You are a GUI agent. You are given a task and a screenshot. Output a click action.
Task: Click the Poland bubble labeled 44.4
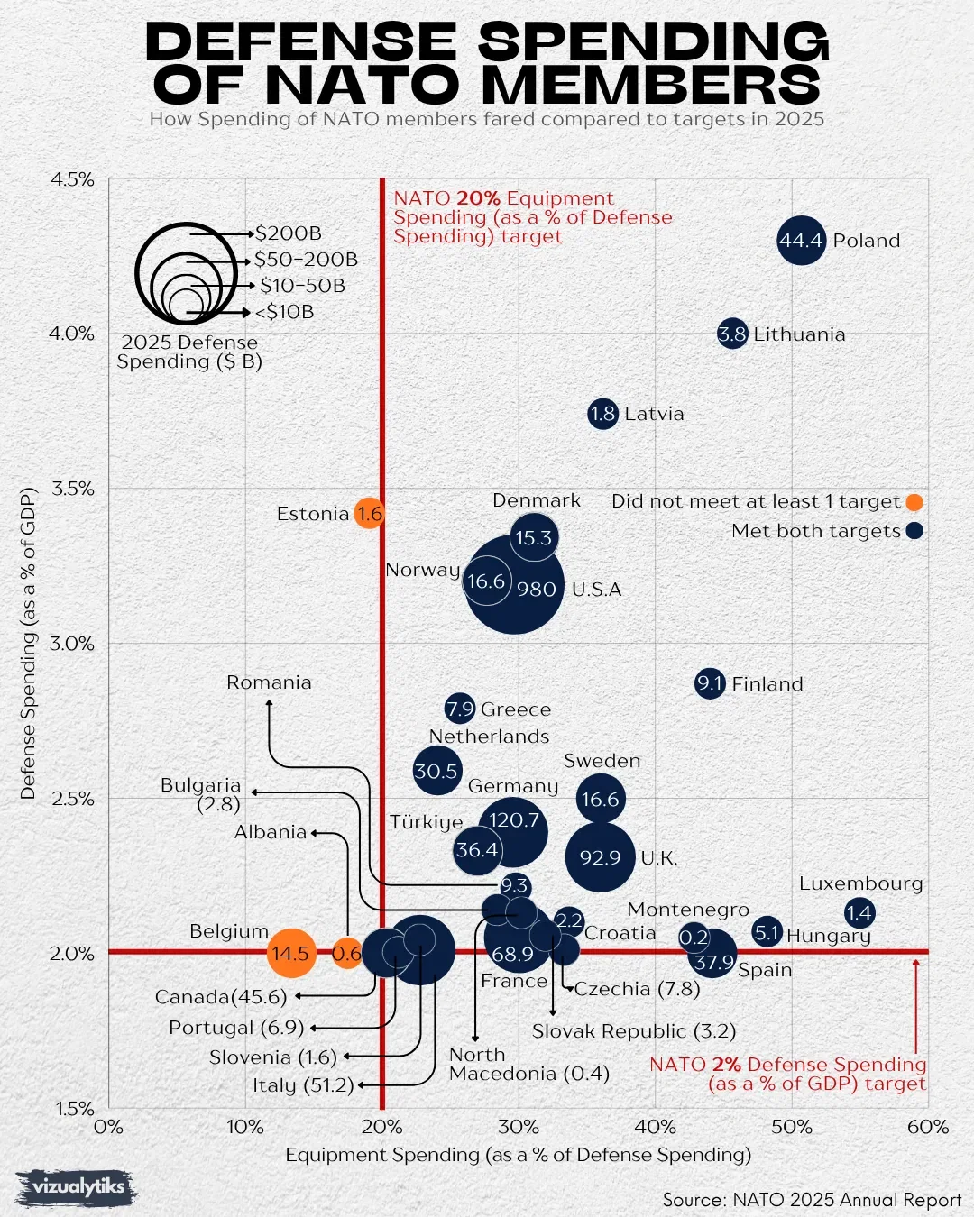click(x=801, y=241)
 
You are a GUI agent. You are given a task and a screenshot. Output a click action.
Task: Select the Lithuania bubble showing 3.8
click(x=732, y=334)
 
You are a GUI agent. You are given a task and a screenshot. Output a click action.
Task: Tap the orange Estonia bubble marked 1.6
click(x=369, y=514)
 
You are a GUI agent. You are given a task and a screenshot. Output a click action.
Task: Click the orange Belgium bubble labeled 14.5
click(x=291, y=953)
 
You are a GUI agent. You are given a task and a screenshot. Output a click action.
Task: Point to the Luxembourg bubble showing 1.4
click(x=859, y=913)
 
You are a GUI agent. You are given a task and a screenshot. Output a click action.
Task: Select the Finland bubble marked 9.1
click(x=711, y=683)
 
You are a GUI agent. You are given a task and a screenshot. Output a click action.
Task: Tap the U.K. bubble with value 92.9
click(x=601, y=857)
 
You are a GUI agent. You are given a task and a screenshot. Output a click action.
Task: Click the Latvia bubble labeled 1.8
click(x=602, y=414)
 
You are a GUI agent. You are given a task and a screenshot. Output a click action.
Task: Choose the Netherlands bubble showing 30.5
click(x=436, y=772)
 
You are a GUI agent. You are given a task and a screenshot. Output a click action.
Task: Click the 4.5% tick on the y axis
click(x=72, y=179)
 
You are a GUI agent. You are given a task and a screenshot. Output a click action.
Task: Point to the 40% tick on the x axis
click(x=655, y=1127)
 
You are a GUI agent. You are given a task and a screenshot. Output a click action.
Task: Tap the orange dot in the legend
click(x=914, y=502)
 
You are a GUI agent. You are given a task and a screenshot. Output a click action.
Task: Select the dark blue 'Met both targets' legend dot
click(x=914, y=531)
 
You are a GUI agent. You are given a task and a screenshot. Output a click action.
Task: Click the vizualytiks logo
click(x=77, y=1187)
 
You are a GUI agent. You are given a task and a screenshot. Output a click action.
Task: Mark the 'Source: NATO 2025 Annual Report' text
click(x=812, y=1200)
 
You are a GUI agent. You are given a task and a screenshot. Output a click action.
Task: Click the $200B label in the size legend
click(x=288, y=233)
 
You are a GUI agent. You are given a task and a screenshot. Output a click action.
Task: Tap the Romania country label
click(x=269, y=682)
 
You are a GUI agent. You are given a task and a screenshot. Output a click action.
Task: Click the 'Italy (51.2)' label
click(x=304, y=1085)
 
